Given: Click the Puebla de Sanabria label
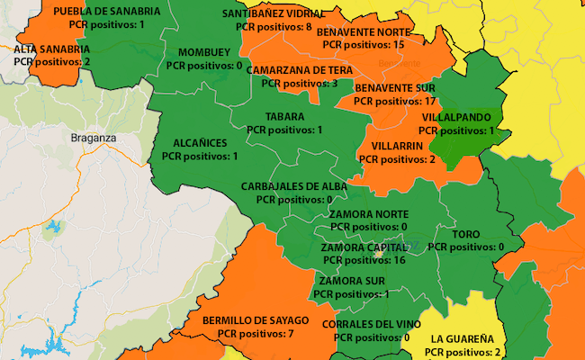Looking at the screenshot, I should point(107,12).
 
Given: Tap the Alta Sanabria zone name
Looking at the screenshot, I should point(52,49).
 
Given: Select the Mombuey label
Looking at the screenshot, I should point(204,52).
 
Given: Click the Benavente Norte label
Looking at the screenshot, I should point(362,31).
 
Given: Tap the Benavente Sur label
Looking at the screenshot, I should point(395,89).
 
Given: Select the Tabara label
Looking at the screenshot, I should point(284,117).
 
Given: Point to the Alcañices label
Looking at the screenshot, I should point(200,143).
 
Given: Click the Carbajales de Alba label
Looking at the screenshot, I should point(294,186).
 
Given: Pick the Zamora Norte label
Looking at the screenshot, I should point(368,214).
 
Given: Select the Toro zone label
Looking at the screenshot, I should point(465,234).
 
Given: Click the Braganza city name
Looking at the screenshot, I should point(94,138).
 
